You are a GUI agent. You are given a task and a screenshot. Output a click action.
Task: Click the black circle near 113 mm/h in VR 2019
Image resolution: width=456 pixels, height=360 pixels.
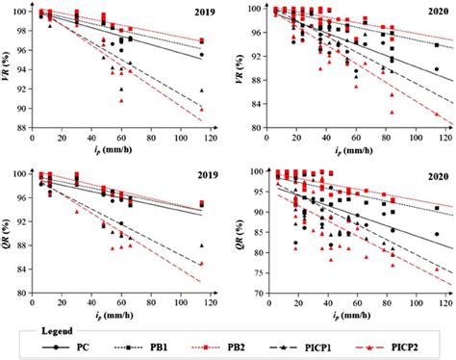click(201, 55)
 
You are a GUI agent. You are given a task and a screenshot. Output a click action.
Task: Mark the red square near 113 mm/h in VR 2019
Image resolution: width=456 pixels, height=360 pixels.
click(201, 41)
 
